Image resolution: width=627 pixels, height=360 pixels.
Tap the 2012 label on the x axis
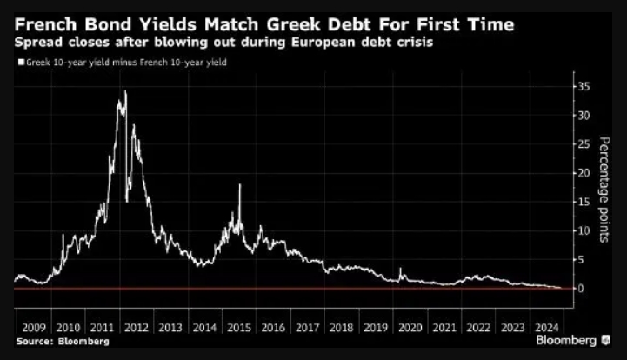click(x=135, y=328)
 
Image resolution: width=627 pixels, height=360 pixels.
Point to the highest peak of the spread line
click(x=125, y=91)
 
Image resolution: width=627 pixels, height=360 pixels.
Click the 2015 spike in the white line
click(x=239, y=186)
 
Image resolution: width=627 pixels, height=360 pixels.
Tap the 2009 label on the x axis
click(x=32, y=328)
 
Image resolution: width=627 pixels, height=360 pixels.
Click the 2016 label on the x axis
click(x=273, y=328)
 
